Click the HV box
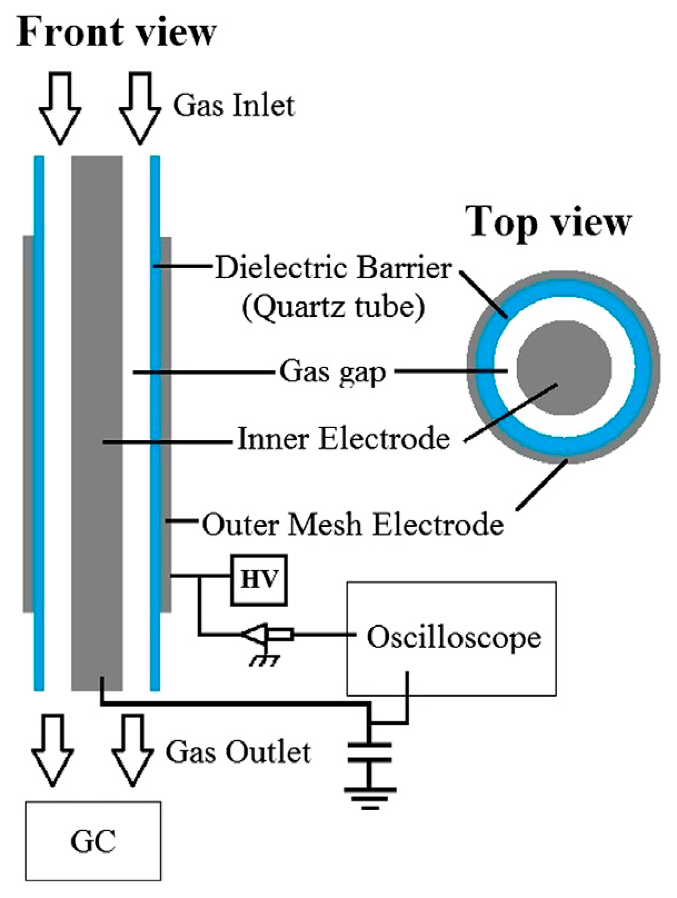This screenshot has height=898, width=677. (259, 580)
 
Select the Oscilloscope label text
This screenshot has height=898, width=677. (454, 637)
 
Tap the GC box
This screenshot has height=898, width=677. (93, 841)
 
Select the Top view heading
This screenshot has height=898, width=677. (550, 222)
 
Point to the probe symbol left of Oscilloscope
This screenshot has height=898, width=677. (266, 634)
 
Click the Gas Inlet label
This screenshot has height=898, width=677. (233, 106)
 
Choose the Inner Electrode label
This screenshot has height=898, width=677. (343, 439)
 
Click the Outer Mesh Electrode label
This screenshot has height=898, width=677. (352, 524)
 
